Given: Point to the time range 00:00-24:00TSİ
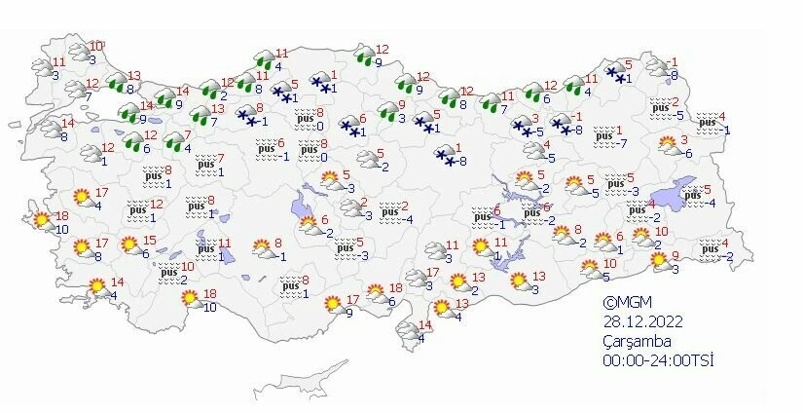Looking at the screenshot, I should click(657, 360).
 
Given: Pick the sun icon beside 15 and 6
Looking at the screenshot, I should click(128, 245).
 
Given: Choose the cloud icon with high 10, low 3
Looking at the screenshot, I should click(76, 52).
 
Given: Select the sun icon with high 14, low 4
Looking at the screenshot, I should click(97, 288).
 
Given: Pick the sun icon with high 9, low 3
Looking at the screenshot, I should click(654, 261).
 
